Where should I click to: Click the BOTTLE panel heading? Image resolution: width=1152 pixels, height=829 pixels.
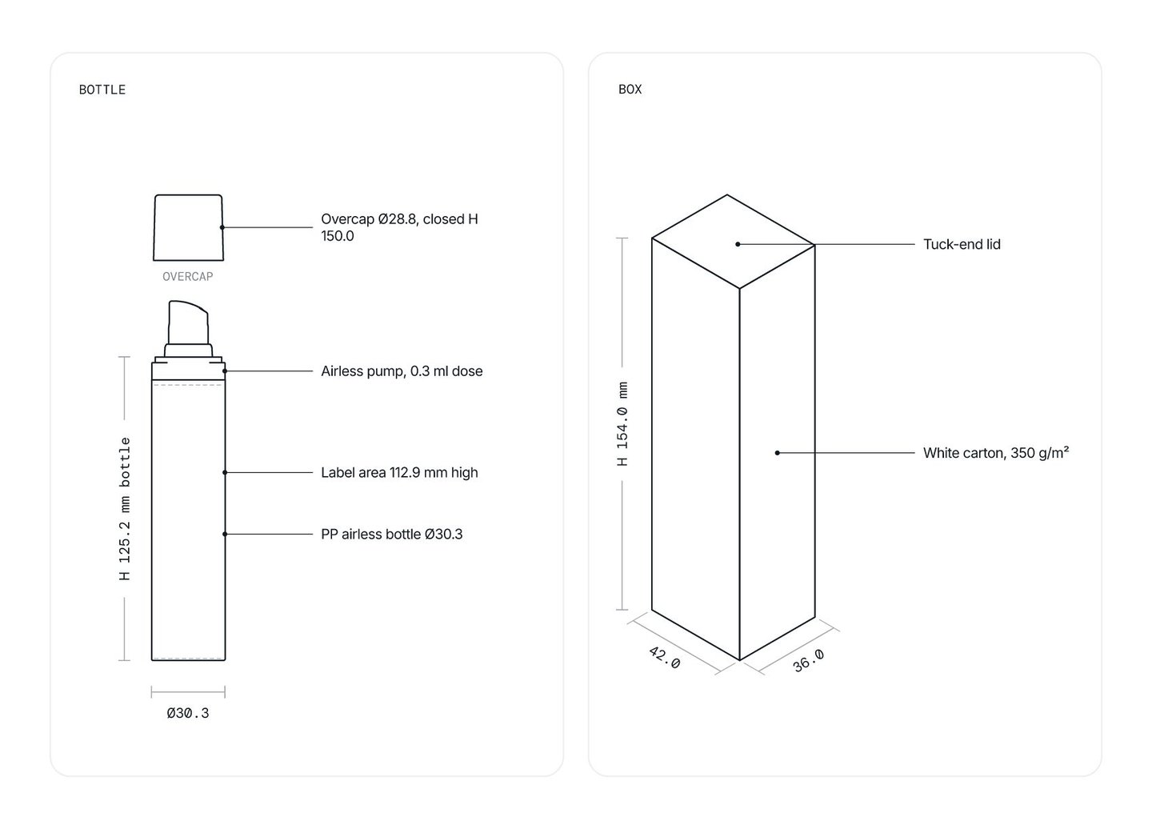click(102, 90)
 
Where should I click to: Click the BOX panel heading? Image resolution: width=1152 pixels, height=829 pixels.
click(630, 90)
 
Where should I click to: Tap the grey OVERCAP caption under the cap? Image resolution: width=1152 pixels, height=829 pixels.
click(188, 277)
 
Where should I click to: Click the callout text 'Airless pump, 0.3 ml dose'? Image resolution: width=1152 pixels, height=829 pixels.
click(402, 371)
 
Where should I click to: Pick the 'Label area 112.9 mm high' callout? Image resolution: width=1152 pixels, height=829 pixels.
click(399, 473)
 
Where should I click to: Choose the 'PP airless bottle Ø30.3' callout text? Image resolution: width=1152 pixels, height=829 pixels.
click(392, 535)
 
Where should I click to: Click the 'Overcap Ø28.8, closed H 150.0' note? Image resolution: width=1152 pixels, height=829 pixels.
click(400, 227)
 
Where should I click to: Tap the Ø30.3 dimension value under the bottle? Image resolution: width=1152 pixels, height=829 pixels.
click(188, 713)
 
